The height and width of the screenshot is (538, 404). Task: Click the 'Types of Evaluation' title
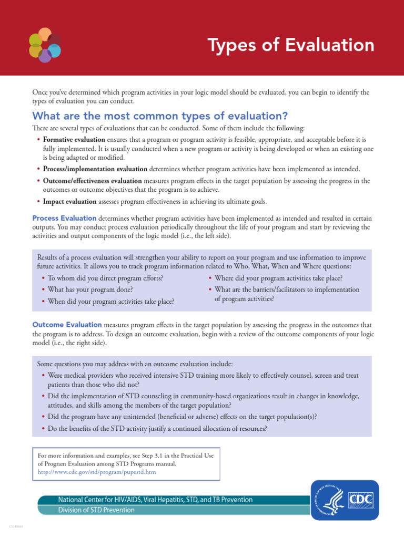coord(291,45)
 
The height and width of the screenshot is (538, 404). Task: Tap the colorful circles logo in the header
coord(45,45)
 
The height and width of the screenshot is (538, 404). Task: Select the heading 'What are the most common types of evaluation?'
coord(160,116)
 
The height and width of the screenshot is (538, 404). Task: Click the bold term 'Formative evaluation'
coord(74,140)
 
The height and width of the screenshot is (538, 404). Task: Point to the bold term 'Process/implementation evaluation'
coord(95,169)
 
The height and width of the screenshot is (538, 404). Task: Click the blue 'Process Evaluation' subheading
coord(64,218)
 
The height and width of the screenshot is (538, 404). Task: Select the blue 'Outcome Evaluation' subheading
coord(67,325)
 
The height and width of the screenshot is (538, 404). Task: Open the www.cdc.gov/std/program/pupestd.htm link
coord(96,472)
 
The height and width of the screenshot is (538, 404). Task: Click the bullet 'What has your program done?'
coord(90,289)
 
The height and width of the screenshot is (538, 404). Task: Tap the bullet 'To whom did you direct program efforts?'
coord(105,278)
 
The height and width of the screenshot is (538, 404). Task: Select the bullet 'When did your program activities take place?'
coord(110,302)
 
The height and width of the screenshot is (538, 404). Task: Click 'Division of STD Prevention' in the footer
coord(96,510)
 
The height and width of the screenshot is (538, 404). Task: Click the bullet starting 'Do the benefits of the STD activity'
coord(157,428)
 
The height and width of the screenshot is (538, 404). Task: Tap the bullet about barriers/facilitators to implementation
coord(287,294)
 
